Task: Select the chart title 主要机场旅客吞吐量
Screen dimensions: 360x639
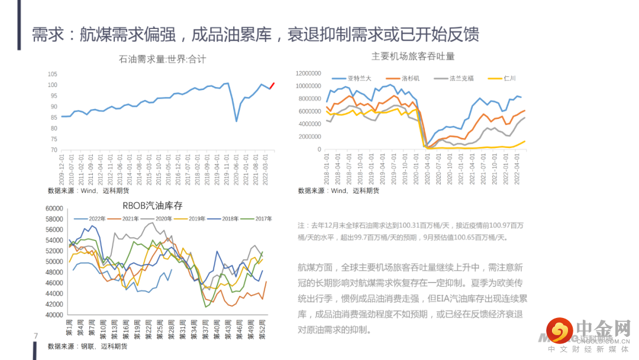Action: (412, 56)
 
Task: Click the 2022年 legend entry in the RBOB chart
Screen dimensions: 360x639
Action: (97, 219)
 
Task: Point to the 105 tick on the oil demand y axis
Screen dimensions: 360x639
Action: (52, 74)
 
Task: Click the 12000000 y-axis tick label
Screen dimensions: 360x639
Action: (308, 73)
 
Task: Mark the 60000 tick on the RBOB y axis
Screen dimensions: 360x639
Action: (54, 208)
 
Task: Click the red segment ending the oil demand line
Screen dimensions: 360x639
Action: (272, 85)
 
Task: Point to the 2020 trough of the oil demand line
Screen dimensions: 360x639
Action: (237, 121)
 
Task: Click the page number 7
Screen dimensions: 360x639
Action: (36, 336)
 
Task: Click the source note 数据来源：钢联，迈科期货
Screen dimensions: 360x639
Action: (88, 346)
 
